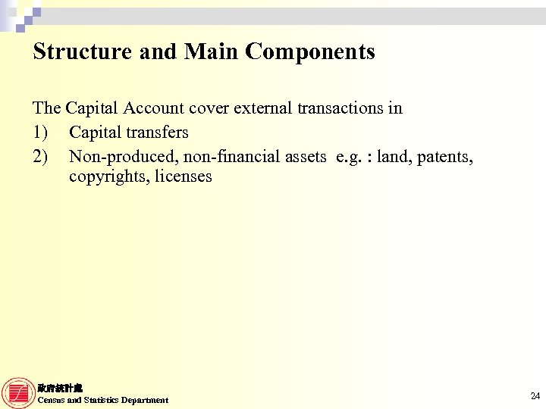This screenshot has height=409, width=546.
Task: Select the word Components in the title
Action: (x=311, y=52)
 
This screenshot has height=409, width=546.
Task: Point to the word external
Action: (x=262, y=108)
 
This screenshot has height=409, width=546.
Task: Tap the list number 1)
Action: (x=42, y=132)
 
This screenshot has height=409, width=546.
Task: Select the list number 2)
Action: (x=42, y=156)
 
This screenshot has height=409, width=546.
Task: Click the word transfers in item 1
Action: (x=155, y=132)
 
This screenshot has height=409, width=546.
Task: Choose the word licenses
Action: (x=183, y=176)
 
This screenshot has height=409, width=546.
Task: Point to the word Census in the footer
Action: (x=51, y=400)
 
